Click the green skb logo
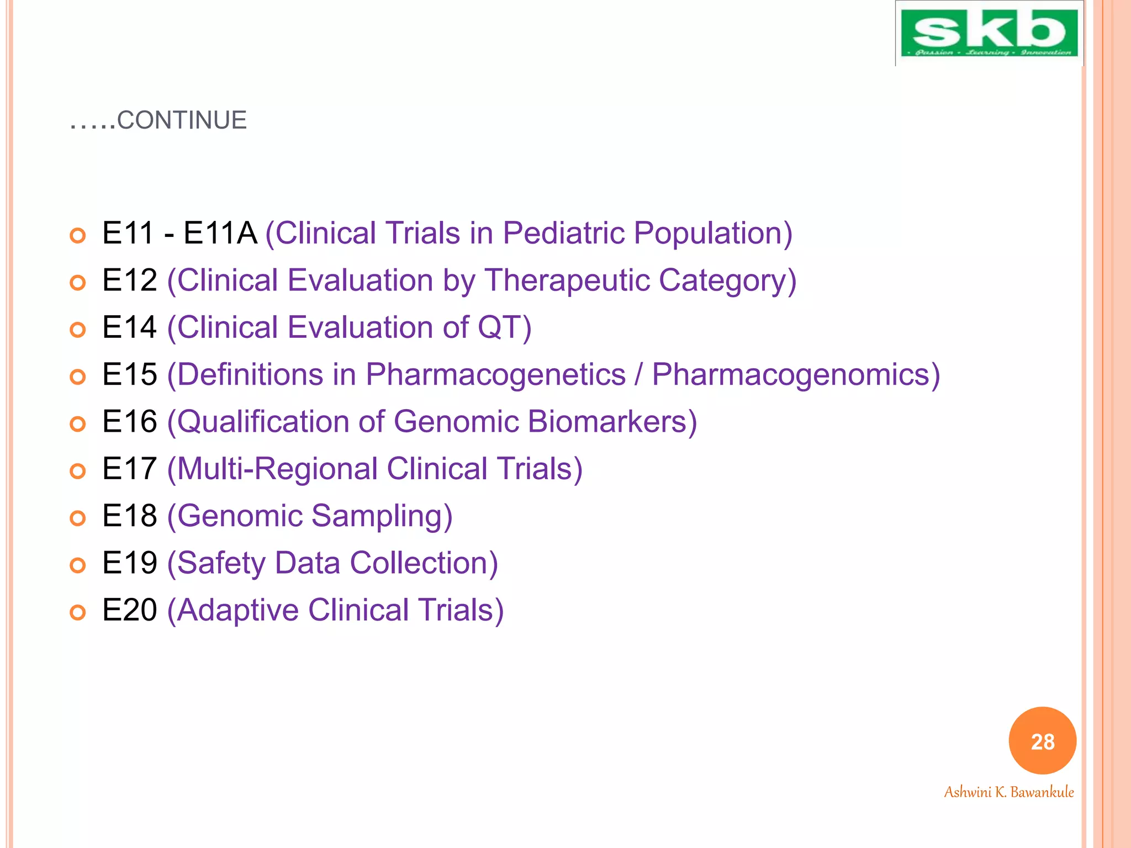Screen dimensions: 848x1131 coord(989,33)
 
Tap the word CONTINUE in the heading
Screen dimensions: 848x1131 coord(182,120)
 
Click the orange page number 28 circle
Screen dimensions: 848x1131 coord(1042,741)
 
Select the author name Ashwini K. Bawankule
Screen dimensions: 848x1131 coord(1008,792)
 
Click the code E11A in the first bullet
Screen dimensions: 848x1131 coord(220,232)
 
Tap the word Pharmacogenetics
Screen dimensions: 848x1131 coord(495,374)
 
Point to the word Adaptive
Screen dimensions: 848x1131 coord(237,610)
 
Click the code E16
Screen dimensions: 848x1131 coord(130,421)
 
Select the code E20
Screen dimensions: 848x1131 coord(130,610)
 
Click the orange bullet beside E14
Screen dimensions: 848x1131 coord(78,330)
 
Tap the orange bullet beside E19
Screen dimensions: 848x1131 coord(78,565)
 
